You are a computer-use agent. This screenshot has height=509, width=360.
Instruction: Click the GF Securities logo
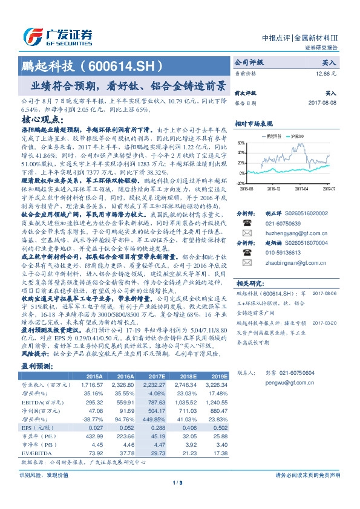point(57,36)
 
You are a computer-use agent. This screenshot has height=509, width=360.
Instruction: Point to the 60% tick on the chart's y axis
point(241,143)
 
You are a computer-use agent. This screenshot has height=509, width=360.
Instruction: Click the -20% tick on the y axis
point(240,183)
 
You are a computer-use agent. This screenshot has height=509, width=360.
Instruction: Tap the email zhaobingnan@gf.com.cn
point(287,280)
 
